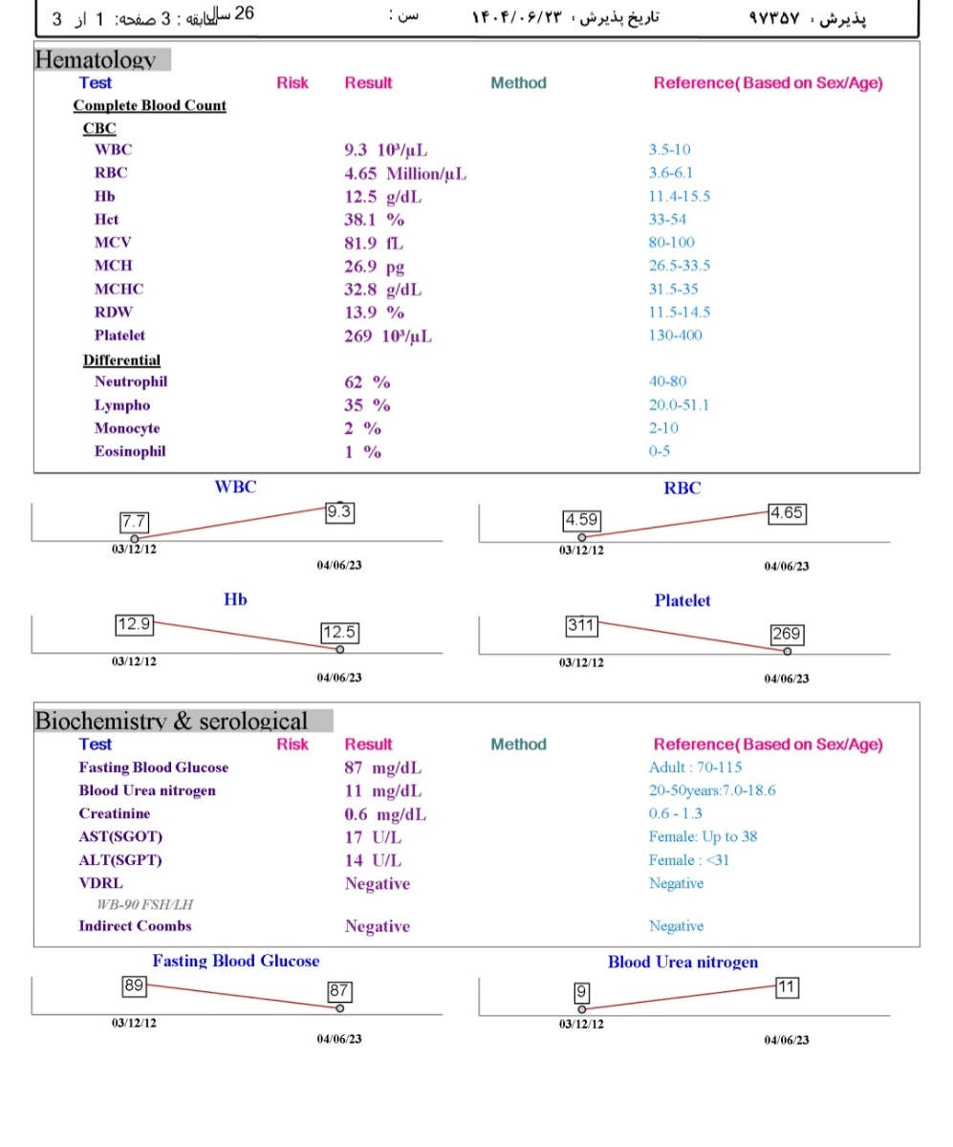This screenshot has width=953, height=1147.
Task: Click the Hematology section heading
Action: pyautogui.click(x=96, y=60)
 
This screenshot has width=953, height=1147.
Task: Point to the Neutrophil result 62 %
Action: pyautogui.click(x=367, y=382)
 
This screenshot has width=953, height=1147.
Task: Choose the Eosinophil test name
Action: pyautogui.click(x=130, y=452)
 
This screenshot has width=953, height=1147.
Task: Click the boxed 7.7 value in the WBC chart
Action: pyautogui.click(x=131, y=522)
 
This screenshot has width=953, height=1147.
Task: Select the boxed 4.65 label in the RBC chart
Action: pyautogui.click(x=787, y=512)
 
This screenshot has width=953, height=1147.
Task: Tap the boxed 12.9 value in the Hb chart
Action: pyautogui.click(x=133, y=624)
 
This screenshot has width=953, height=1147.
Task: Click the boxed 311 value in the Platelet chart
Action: pyautogui.click(x=581, y=625)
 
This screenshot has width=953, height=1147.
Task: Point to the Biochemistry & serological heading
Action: pyautogui.click(x=172, y=721)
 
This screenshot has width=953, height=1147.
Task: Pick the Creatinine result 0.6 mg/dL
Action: pyautogui.click(x=385, y=814)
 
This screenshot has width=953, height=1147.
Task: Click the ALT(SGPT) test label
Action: pyautogui.click(x=120, y=860)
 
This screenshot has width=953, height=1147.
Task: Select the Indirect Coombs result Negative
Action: pyautogui.click(x=377, y=926)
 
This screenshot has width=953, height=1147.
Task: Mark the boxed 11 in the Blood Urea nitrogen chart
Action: pyautogui.click(x=786, y=985)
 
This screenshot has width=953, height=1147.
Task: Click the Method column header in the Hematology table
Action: pyautogui.click(x=518, y=83)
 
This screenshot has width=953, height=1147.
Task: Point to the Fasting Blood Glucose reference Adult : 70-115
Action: pyautogui.click(x=695, y=768)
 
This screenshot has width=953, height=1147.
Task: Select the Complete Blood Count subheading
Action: pyautogui.click(x=150, y=105)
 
